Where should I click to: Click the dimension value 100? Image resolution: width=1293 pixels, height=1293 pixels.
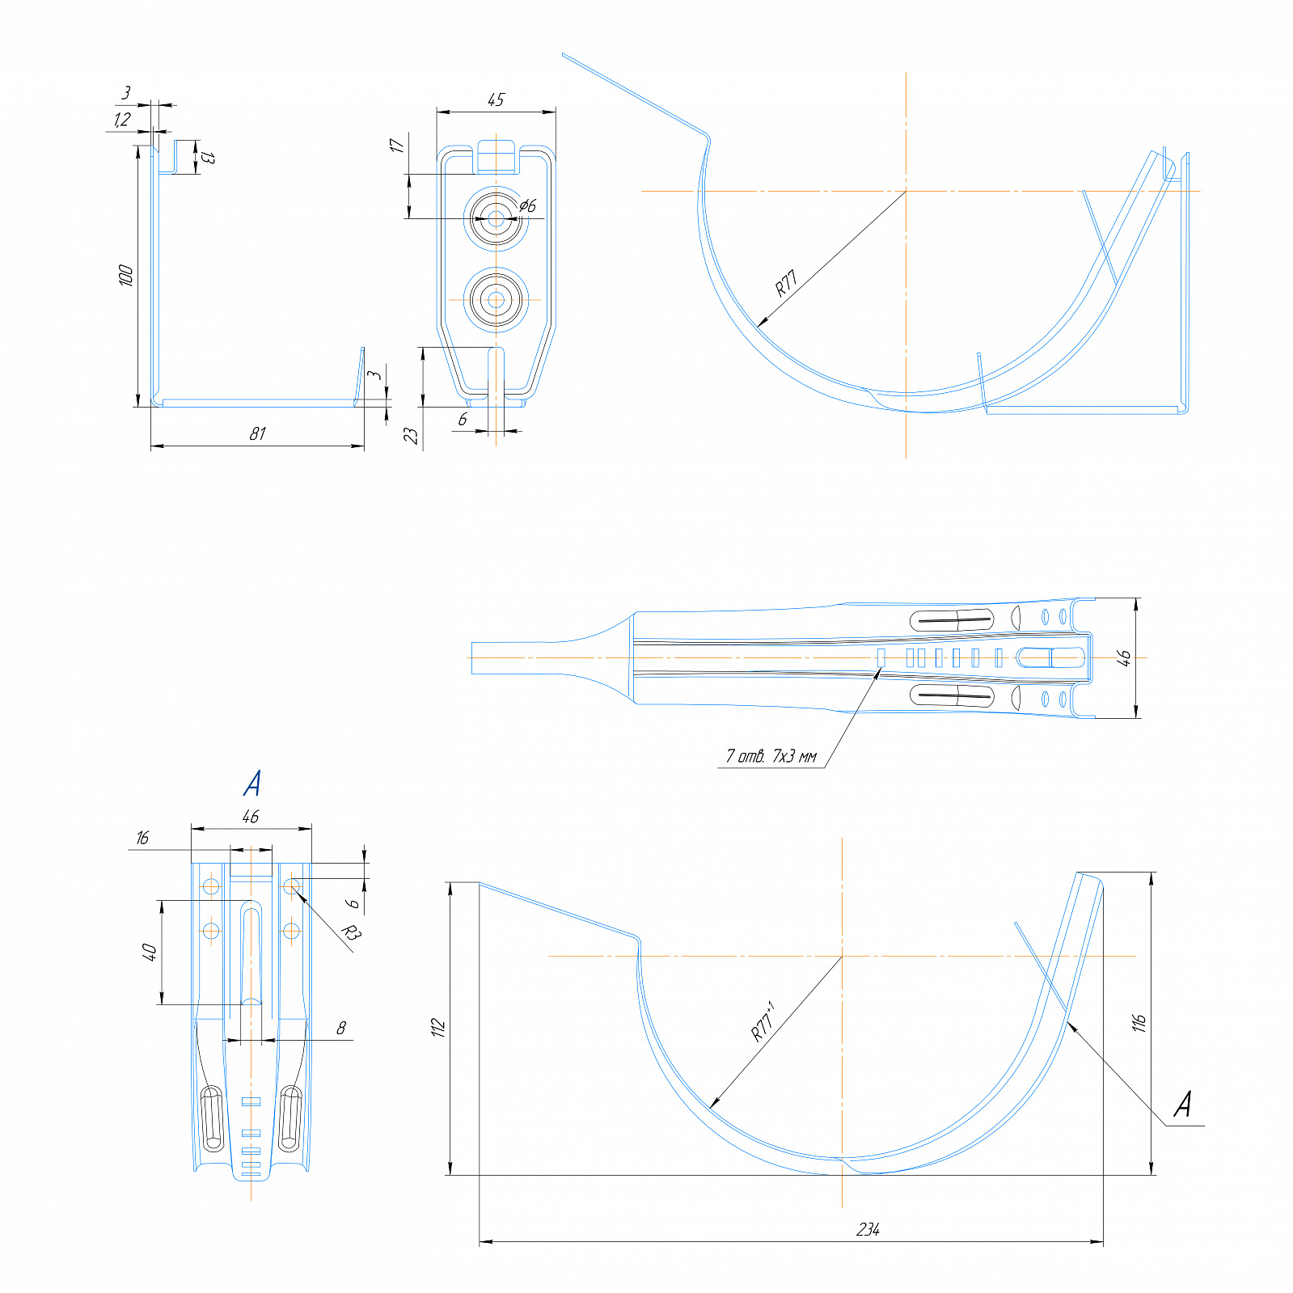[x=125, y=275]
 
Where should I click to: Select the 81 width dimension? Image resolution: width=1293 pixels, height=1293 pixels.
[x=257, y=434]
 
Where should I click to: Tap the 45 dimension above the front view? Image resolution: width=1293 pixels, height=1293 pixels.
[x=496, y=99]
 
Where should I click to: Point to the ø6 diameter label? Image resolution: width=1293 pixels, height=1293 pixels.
[x=527, y=205]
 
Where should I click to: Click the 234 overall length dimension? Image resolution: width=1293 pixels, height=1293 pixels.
[x=868, y=1230]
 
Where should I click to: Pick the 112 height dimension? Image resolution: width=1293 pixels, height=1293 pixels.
[x=438, y=1028]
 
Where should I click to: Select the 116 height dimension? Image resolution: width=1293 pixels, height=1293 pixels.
[x=1139, y=1023]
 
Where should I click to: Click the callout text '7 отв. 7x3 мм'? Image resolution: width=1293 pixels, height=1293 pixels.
[x=771, y=757]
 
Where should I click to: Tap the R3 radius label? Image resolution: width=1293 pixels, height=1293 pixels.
[x=350, y=932]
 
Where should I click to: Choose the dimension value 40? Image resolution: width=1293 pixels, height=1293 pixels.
[x=149, y=951]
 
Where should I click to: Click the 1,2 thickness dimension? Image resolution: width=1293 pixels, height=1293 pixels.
[x=121, y=120]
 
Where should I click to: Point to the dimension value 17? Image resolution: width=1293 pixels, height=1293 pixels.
[x=396, y=145]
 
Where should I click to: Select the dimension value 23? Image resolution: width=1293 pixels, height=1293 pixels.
[x=411, y=436]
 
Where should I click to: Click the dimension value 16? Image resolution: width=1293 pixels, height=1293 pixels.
[x=142, y=838]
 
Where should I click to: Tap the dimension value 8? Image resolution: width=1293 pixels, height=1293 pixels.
[x=340, y=1028]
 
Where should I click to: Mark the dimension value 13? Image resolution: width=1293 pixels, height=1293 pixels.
[x=208, y=157]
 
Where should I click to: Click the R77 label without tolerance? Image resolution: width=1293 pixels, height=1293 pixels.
[x=786, y=283]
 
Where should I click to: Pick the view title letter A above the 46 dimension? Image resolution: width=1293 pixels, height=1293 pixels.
[x=252, y=783]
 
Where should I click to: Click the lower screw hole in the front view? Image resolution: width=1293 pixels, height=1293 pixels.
[x=496, y=300]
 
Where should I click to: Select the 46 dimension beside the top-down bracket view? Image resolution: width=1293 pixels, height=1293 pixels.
[x=1123, y=658]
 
